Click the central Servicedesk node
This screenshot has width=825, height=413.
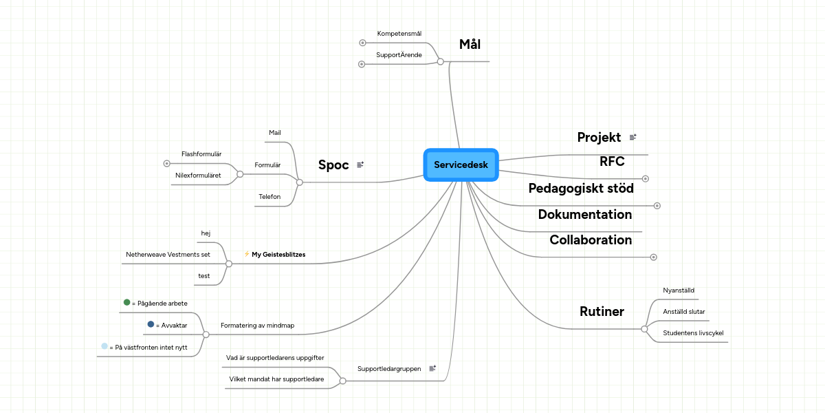click(x=461, y=165)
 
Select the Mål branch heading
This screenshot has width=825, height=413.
click(x=470, y=45)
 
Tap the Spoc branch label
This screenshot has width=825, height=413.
click(x=333, y=165)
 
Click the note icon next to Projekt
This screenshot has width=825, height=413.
click(x=632, y=138)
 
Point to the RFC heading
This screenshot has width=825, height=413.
click(x=612, y=162)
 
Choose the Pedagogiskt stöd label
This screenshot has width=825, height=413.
click(x=581, y=188)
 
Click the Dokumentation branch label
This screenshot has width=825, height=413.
click(x=585, y=214)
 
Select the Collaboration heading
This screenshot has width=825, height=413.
click(x=591, y=240)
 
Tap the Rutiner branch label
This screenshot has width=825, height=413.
click(x=602, y=312)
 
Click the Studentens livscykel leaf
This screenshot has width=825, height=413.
click(x=693, y=333)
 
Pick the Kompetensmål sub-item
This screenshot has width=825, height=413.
click(x=399, y=33)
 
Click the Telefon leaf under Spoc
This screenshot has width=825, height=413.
click(x=269, y=197)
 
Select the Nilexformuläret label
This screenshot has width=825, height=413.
click(x=198, y=176)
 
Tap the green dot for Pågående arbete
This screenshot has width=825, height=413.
click(x=126, y=302)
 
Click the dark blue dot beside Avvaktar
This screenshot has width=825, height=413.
click(x=151, y=324)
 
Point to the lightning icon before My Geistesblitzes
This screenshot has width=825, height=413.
click(x=247, y=254)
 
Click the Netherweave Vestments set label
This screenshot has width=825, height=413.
click(x=168, y=254)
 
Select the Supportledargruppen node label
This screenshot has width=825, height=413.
click(x=389, y=368)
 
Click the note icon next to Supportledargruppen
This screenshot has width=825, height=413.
click(x=432, y=368)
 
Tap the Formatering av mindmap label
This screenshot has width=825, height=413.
click(x=257, y=325)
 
